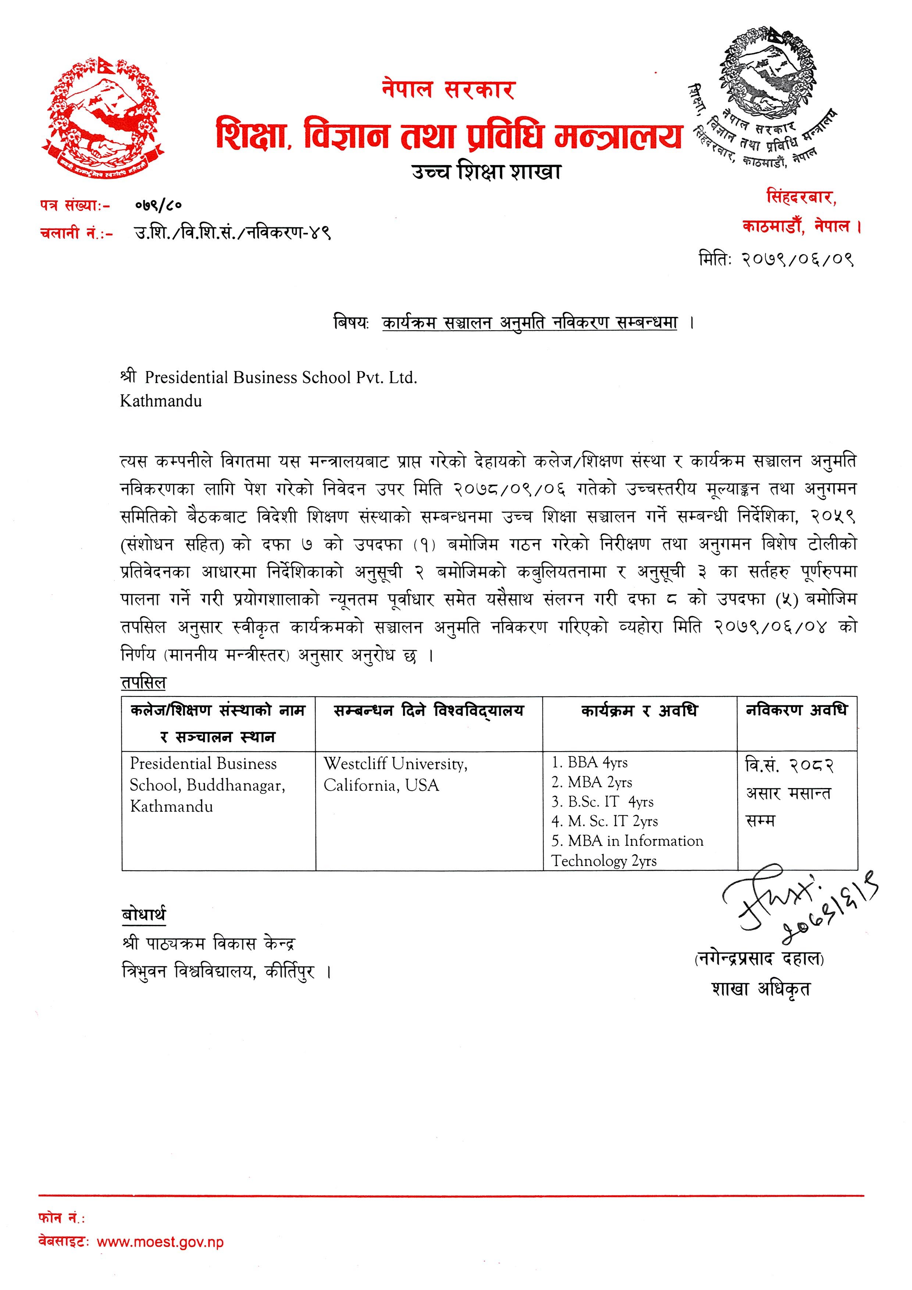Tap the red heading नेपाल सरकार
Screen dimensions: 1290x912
pyautogui.click(x=448, y=89)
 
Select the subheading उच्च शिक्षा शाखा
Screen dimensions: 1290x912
pyautogui.click(x=486, y=171)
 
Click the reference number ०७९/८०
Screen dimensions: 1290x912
pyautogui.click(x=158, y=206)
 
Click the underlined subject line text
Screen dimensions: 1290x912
pyautogui.click(x=529, y=323)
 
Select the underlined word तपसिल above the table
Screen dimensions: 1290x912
pyautogui.click(x=144, y=682)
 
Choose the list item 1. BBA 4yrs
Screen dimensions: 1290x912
pyautogui.click(x=589, y=762)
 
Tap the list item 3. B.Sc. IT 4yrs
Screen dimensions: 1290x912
pyautogui.click(x=602, y=802)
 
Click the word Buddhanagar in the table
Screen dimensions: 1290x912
pyautogui.click(x=236, y=785)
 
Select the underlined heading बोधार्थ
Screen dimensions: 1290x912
pyautogui.click(x=144, y=915)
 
